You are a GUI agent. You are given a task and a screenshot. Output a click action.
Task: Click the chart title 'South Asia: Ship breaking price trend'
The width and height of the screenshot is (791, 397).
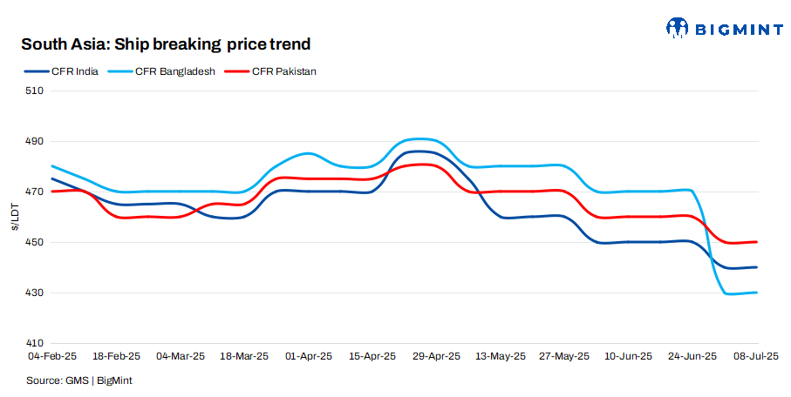click(x=166, y=44)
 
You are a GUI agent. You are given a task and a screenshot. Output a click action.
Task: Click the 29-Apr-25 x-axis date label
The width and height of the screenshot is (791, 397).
click(x=437, y=357)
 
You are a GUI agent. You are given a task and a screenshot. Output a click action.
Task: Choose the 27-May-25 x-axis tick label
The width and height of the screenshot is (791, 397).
click(x=564, y=357)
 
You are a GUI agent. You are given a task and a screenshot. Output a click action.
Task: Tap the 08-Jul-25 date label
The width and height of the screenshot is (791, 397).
click(x=755, y=357)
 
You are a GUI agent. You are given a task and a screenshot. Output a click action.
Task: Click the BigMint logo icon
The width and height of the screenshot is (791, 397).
click(x=678, y=28)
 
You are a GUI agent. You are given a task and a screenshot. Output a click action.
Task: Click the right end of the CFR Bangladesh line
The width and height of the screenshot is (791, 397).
click(x=756, y=293)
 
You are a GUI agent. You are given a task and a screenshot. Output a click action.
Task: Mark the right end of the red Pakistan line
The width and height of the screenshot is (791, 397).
click(x=756, y=242)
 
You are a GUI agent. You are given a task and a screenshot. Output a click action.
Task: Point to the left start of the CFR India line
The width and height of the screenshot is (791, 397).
click(x=52, y=178)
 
